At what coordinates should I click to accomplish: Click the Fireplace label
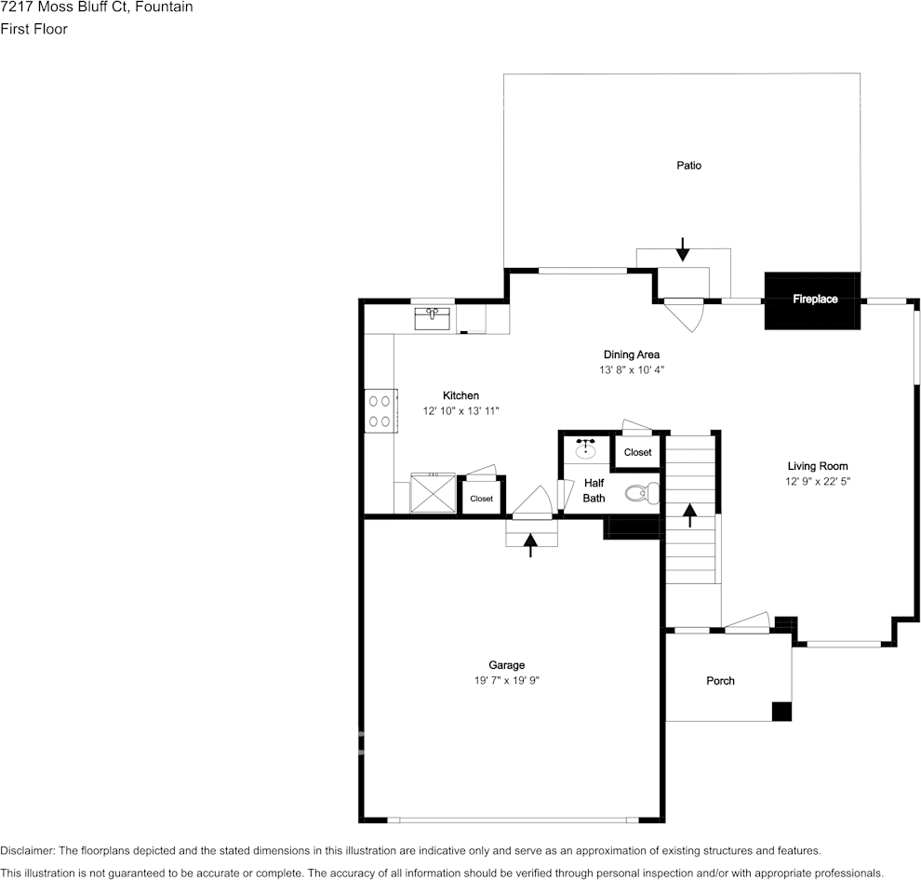pos(815,299)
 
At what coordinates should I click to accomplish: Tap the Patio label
pos(689,166)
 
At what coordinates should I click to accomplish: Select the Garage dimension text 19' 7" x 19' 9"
pos(507,680)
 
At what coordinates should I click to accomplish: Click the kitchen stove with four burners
pos(380,411)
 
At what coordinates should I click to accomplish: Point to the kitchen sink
pos(433,319)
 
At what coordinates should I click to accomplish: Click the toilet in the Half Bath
pos(642,493)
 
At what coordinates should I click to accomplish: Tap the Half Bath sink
pos(585,449)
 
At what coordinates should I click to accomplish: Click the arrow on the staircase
pos(690,515)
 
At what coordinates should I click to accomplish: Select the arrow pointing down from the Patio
pos(682,249)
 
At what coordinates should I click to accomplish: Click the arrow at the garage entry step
pos(530,545)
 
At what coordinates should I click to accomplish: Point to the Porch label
pos(720,681)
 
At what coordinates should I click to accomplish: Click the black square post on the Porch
pos(781,712)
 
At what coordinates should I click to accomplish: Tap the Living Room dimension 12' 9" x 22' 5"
pos(818,481)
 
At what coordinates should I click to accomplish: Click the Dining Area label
pos(632,354)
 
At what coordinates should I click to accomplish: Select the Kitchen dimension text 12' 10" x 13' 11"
pos(461,410)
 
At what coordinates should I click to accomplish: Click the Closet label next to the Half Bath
pos(638,452)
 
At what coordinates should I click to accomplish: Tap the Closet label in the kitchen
pos(482,499)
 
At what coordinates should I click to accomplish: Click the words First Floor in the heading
pos(34,29)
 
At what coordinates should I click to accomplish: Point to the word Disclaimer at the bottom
pos(27,850)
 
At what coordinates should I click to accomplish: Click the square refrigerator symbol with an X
pos(433,493)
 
